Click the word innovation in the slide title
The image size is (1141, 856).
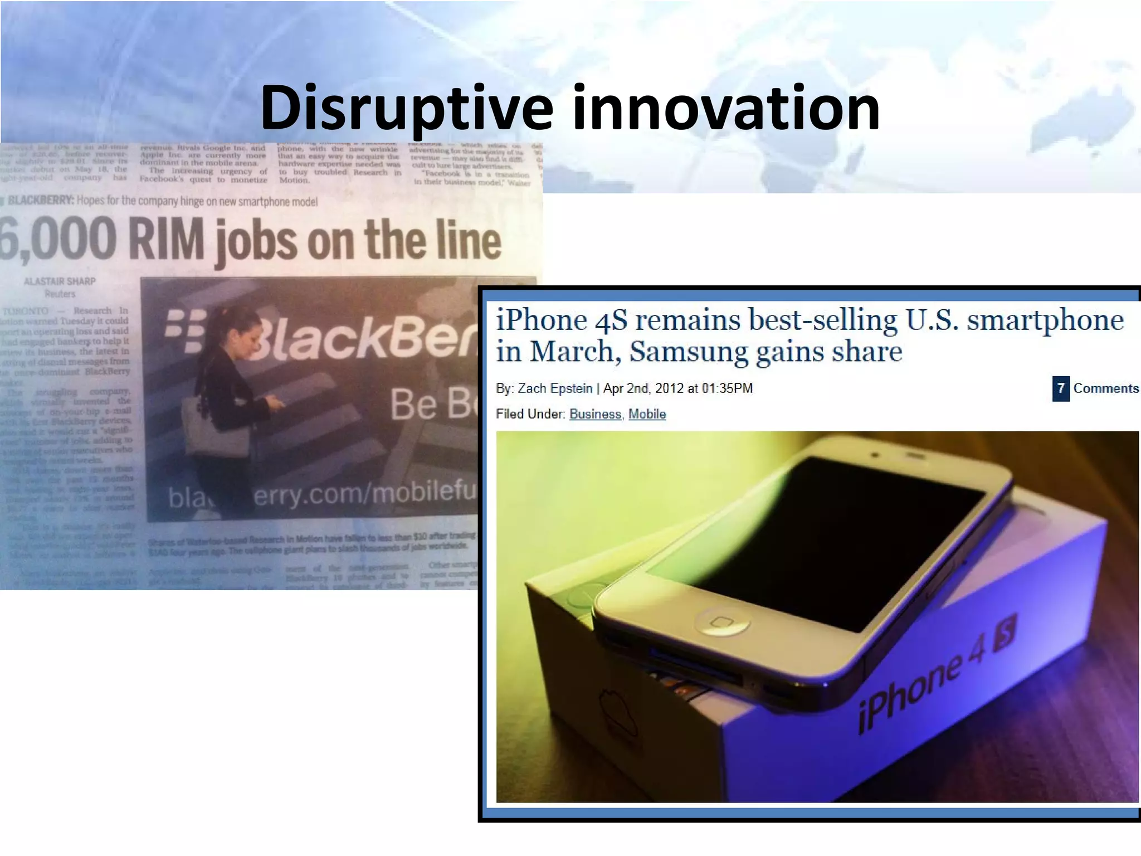tap(726, 108)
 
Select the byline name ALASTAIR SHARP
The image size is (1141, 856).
tap(60, 281)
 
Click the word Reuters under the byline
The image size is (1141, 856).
tap(60, 294)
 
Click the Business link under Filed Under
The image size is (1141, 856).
tap(595, 414)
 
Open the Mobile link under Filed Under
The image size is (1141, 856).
tap(647, 414)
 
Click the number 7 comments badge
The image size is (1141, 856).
tap(1061, 388)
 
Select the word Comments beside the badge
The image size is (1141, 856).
tap(1106, 388)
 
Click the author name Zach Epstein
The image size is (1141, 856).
tap(555, 388)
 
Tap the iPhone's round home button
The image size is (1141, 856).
tap(722, 622)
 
